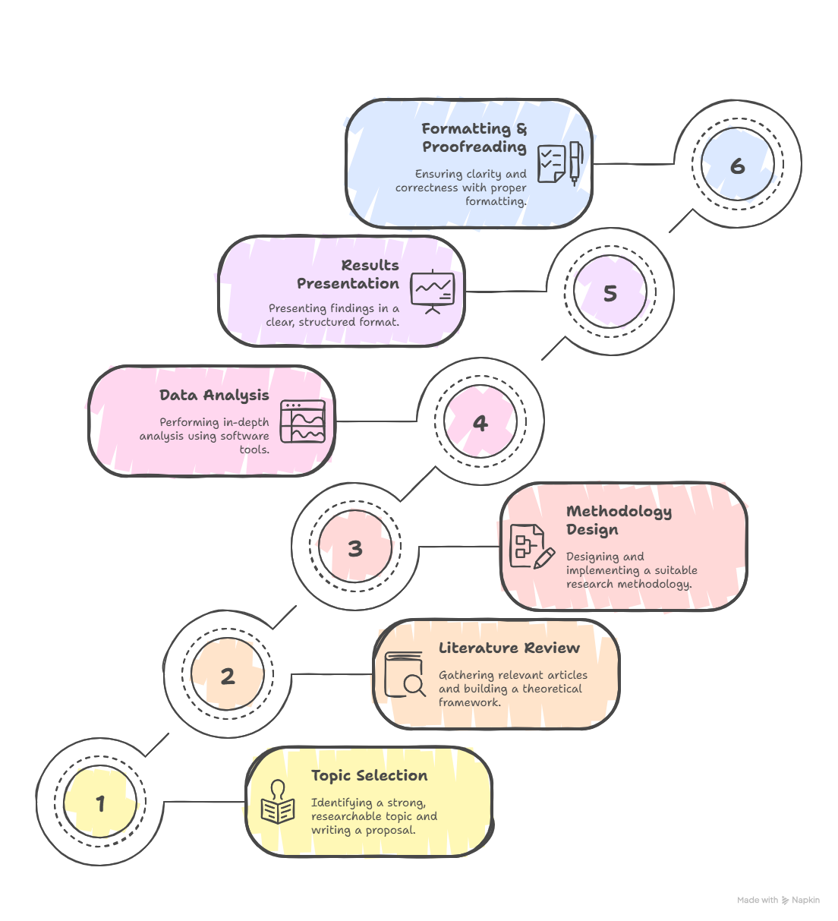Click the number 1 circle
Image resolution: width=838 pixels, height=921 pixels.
[x=100, y=801]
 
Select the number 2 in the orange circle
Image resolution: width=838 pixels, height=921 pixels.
[x=228, y=676]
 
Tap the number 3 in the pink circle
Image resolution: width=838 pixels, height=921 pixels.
[x=355, y=548]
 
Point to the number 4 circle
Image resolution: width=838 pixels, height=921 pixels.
[x=480, y=421]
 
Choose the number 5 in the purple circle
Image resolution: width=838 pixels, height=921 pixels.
[x=610, y=293]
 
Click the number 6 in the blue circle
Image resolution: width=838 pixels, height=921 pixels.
[x=738, y=166]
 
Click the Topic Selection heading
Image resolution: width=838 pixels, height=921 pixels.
[x=369, y=775]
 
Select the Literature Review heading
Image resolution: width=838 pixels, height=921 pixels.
[x=509, y=648]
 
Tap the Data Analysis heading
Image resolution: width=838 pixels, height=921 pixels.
[x=214, y=396]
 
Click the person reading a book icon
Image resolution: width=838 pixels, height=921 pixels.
[x=278, y=801]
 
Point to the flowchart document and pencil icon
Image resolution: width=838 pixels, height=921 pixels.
[x=532, y=547]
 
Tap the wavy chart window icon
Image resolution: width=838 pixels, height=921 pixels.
[x=303, y=421]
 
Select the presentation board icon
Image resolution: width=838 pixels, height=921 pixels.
[x=433, y=292]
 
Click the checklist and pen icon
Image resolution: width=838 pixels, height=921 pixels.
[x=560, y=163]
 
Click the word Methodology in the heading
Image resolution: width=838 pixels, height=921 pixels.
[x=619, y=512]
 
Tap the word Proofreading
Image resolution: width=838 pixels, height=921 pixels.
[x=474, y=147]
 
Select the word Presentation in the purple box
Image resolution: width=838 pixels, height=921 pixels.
[x=348, y=283]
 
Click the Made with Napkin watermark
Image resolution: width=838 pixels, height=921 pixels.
[x=778, y=900]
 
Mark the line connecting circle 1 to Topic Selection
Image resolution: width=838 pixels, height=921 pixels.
[x=205, y=802]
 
